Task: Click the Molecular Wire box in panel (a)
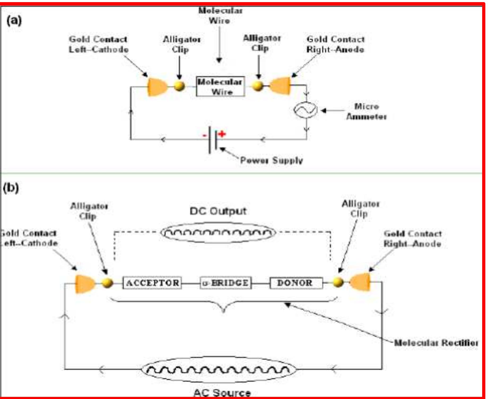pos(220,86)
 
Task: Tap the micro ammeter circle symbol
pos(305,110)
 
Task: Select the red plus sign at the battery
pos(222,134)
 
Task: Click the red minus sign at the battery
pos(204,135)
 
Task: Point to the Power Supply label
pos(271,160)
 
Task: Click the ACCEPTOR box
pos(152,283)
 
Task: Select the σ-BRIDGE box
pos(225,283)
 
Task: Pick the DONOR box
pos(296,283)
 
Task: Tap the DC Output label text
pos(218,211)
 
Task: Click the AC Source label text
pos(222,393)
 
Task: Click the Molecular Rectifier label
pos(436,343)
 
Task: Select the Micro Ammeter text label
pos(367,111)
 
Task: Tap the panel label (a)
pos(14,20)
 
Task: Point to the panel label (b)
pos(11,188)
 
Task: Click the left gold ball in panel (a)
pos(179,86)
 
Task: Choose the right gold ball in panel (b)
pos(338,282)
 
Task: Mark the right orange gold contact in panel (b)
pos(360,282)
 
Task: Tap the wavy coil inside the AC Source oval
pos(218,369)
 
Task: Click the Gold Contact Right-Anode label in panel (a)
pos(336,44)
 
